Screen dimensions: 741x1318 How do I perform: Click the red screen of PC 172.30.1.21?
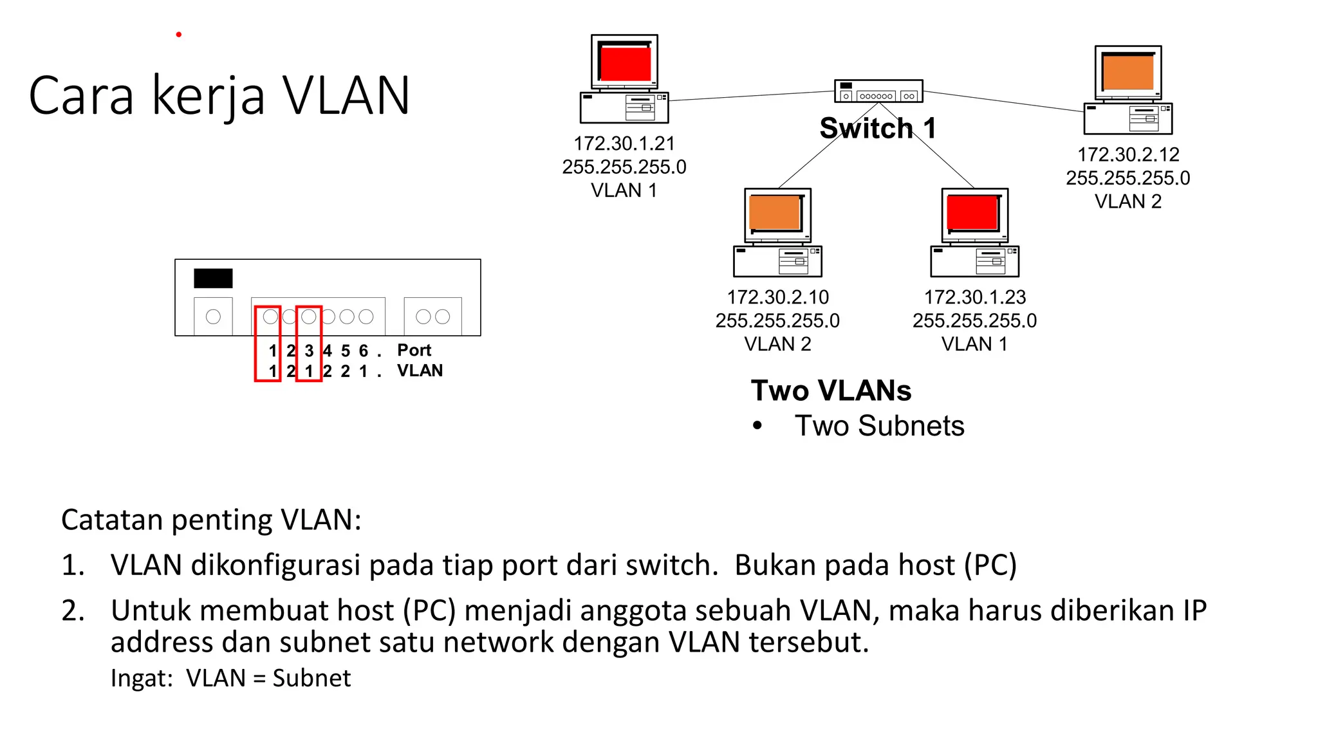pos(625,63)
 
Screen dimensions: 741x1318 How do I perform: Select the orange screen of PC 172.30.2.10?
pos(775,212)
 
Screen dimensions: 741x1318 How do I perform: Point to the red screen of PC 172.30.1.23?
pos(972,212)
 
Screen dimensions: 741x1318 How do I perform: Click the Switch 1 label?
pos(877,128)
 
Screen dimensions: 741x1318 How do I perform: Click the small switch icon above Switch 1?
pos(878,91)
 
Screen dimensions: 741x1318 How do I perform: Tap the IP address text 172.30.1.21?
pos(624,143)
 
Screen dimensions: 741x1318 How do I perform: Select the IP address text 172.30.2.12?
pos(1128,154)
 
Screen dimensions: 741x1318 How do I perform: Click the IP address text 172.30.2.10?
pos(777,297)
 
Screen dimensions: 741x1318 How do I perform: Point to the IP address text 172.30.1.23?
pos(974,297)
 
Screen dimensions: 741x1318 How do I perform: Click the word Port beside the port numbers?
pos(414,350)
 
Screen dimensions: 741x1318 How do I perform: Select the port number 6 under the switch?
pos(364,351)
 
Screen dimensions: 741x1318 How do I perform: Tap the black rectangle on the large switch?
pos(213,279)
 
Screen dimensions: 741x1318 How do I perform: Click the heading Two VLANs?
pos(831,390)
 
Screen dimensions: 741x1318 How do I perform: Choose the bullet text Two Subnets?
pos(879,426)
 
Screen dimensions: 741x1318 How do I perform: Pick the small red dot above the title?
pos(179,34)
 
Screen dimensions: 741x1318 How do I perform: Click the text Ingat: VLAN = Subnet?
pos(230,678)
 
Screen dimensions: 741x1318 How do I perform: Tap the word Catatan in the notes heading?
pos(111,520)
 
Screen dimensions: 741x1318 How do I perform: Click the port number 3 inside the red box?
pos(309,351)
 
